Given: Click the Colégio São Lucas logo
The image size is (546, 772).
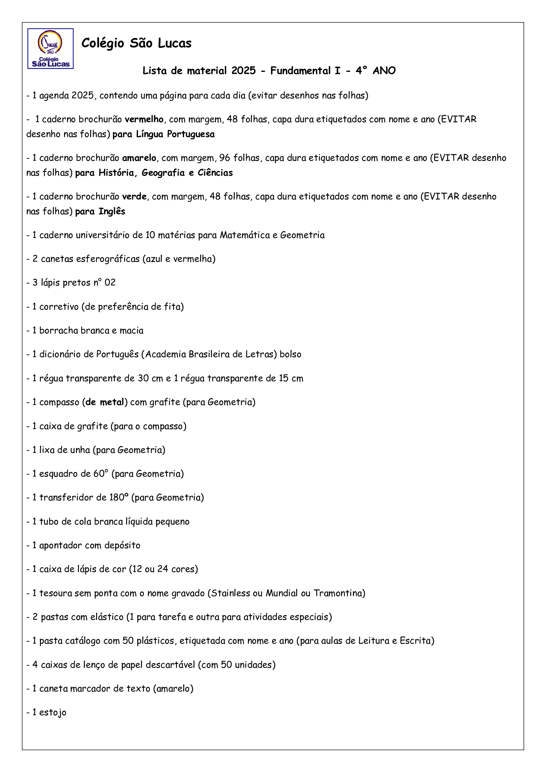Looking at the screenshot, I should (51, 49).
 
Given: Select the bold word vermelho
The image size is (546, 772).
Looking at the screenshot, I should (144, 119).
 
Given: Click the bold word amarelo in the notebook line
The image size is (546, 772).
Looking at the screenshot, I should (139, 158).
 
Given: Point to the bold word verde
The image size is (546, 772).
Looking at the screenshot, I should (134, 197).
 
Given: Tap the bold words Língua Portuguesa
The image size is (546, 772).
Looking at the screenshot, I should (175, 134).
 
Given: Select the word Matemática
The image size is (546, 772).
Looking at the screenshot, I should (245, 235).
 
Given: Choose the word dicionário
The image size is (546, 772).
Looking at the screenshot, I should (60, 354).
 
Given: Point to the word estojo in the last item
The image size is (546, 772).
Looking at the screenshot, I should (53, 713).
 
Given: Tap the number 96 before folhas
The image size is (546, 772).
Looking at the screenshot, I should (224, 158).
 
